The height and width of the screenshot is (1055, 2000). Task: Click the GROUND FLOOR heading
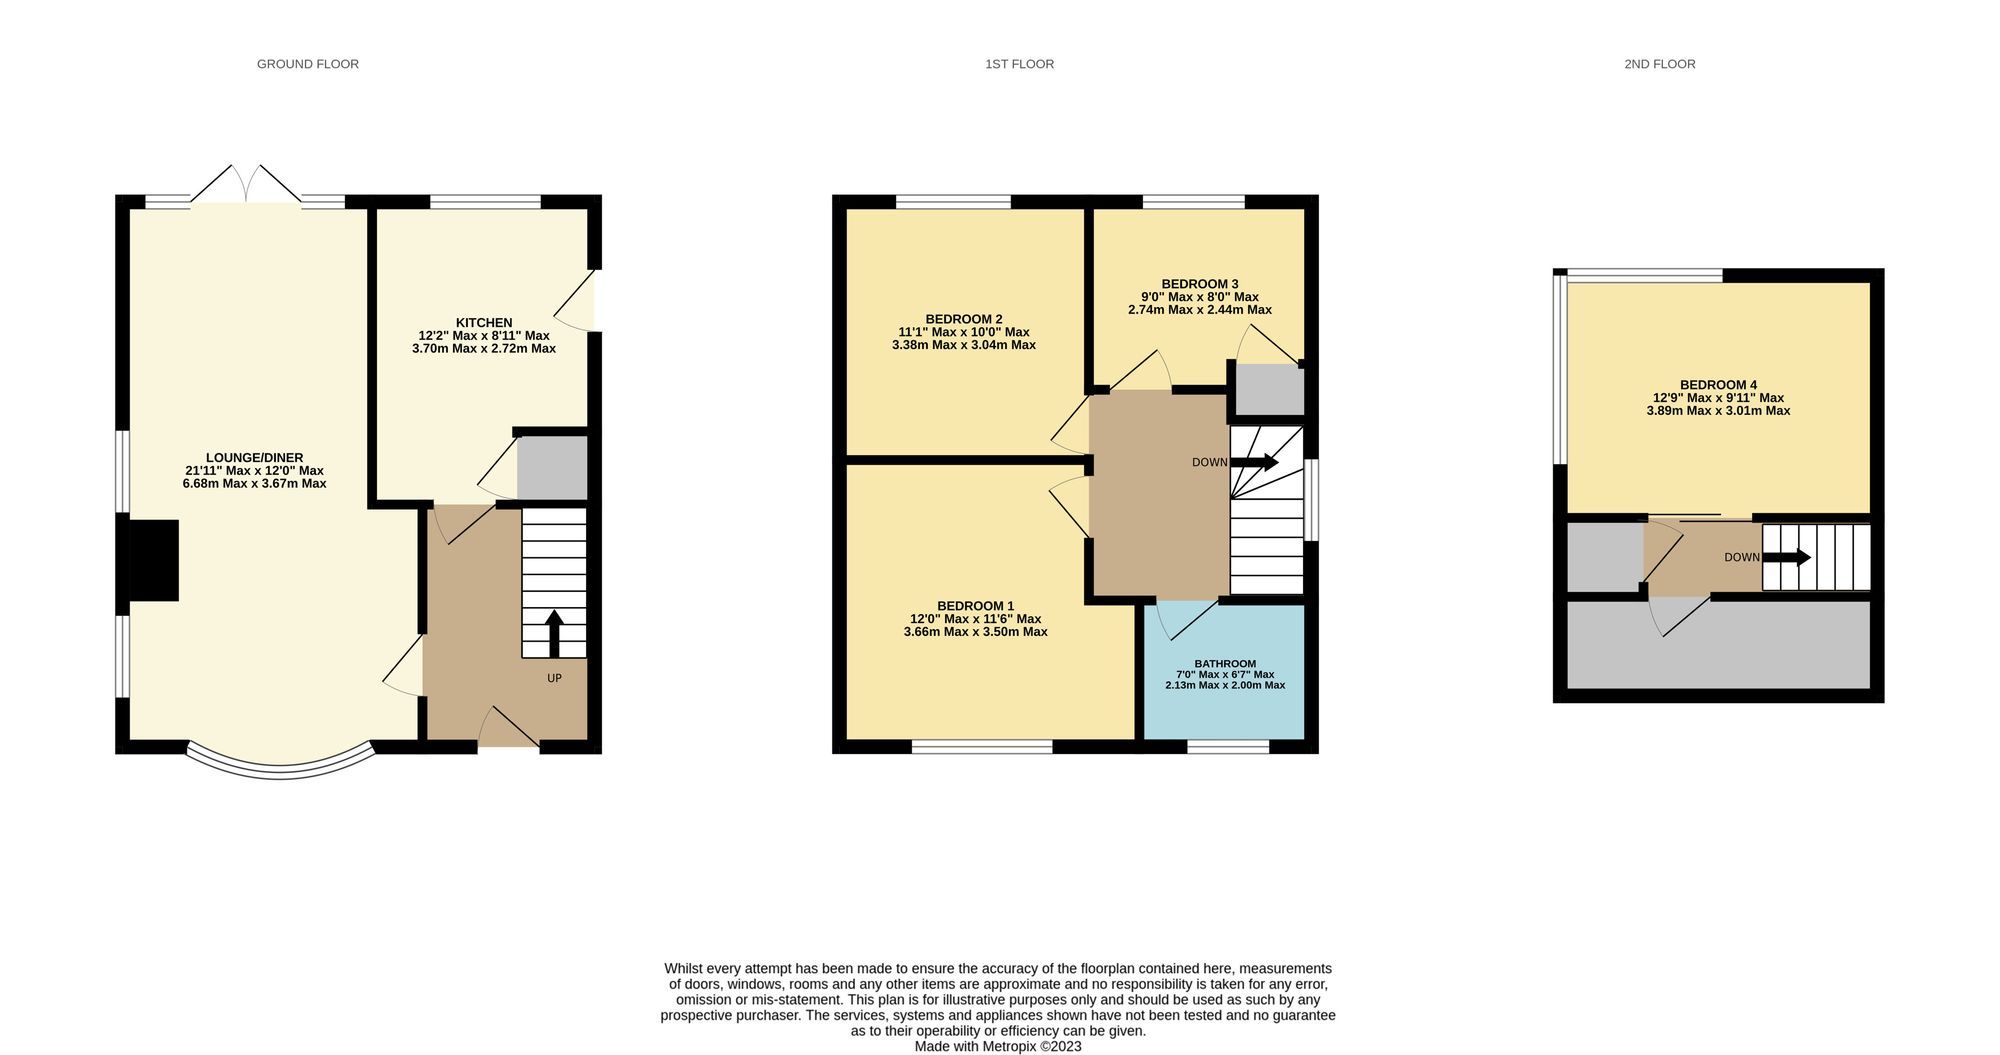[x=307, y=64]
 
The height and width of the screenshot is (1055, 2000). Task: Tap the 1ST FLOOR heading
[x=1019, y=64]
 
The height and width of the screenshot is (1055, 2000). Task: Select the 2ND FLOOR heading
[x=1659, y=64]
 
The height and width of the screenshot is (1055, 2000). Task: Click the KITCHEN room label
[x=484, y=322]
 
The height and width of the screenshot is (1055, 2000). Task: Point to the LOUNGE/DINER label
[x=254, y=458]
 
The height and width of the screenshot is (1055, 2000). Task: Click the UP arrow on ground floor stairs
[x=553, y=633]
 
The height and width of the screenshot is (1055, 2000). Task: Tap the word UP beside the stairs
[x=554, y=678]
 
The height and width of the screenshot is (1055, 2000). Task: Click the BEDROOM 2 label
[x=964, y=319]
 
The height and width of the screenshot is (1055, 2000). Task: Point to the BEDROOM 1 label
[x=975, y=606]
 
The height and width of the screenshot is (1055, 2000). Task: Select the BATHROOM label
[x=1225, y=664]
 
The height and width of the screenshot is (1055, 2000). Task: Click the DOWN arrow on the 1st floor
[x=1254, y=462]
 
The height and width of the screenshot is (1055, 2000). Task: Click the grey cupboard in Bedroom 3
[x=1270, y=390]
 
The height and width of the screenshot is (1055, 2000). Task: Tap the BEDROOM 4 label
[x=1718, y=385]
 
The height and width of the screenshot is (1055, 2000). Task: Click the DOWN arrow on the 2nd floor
[x=1786, y=557]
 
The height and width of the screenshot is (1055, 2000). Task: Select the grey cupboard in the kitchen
[x=552, y=468]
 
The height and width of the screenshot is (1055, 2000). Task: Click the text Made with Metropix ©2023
[x=998, y=1046]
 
